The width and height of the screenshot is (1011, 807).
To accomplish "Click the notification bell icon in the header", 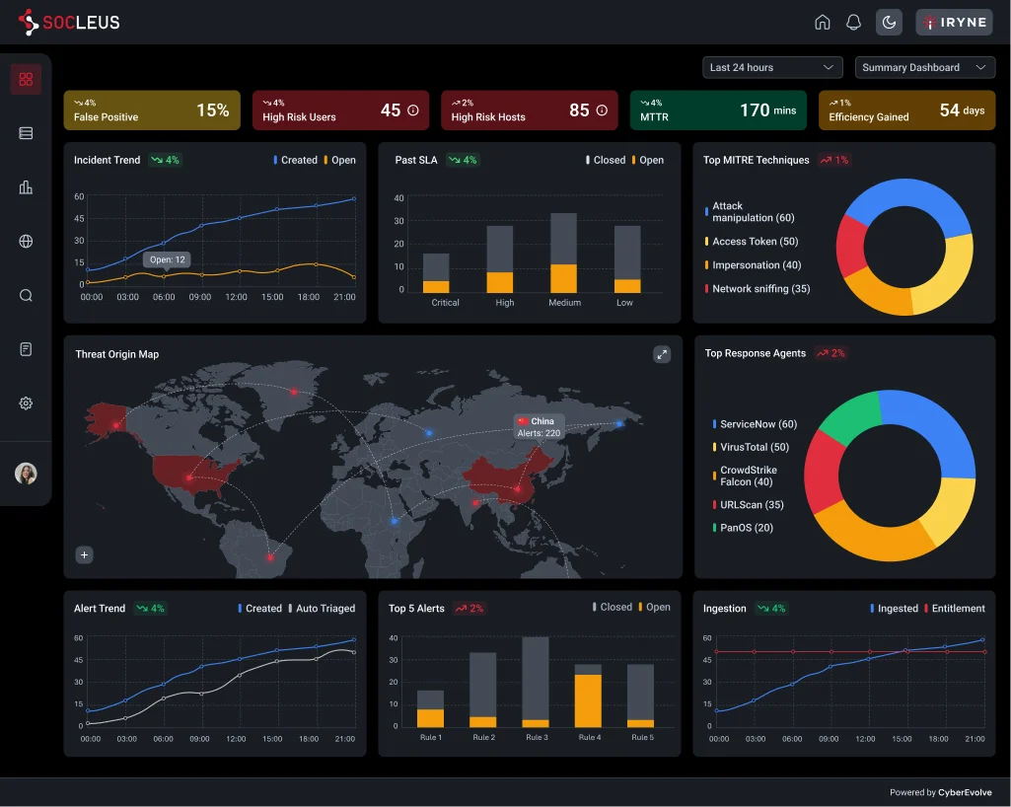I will click(854, 22).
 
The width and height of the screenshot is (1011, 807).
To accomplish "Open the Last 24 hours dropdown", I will click(772, 67).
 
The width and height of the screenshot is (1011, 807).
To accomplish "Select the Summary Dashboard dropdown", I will click(924, 67).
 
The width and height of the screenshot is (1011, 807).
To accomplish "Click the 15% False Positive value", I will click(212, 110).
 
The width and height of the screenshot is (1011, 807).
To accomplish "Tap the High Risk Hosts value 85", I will click(579, 110).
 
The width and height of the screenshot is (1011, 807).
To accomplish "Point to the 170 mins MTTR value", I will click(767, 110).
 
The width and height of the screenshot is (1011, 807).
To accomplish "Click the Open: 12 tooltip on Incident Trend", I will click(167, 259).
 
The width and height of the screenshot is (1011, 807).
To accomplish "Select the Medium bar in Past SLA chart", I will click(563, 253).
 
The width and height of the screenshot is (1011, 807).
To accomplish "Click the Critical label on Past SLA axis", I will click(445, 303).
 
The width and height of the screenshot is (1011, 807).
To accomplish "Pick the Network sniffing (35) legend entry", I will click(760, 289).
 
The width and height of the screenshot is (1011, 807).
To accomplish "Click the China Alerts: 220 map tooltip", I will click(539, 426).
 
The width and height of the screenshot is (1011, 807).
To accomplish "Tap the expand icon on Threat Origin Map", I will click(662, 354).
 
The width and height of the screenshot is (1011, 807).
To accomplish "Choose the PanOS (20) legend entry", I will click(746, 528).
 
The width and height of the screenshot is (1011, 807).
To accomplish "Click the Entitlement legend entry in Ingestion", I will click(957, 609).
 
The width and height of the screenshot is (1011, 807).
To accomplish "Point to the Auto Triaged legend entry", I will click(325, 609).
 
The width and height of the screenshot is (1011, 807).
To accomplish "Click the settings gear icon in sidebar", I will click(27, 403).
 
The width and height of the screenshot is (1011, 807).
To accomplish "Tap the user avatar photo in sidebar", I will click(27, 474).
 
